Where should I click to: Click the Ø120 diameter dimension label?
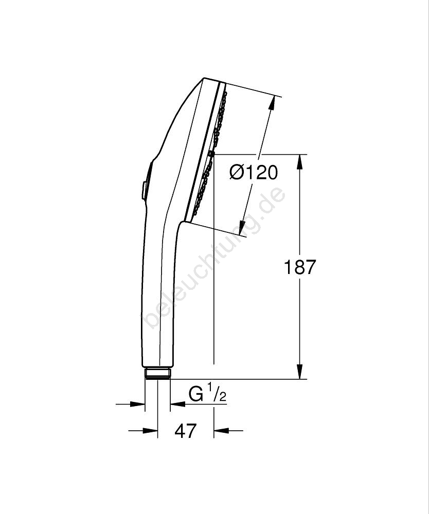[x=254, y=172]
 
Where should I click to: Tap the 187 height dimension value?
[x=299, y=267]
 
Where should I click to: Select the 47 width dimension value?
[x=186, y=430]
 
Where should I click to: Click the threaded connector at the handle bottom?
[x=157, y=373]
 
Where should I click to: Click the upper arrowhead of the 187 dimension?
[x=300, y=161]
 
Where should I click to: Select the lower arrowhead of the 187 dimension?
[x=300, y=372]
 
